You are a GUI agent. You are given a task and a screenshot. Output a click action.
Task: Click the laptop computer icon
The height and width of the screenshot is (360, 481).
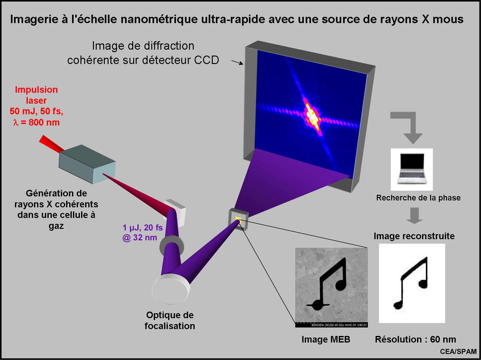pos(411,169)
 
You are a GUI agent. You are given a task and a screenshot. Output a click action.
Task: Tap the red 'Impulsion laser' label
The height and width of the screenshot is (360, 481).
pos(36,95)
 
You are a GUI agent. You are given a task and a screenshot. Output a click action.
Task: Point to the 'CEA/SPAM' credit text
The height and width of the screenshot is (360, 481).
pos(458,352)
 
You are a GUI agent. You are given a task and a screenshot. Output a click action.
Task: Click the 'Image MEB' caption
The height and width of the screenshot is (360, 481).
pos(326,339)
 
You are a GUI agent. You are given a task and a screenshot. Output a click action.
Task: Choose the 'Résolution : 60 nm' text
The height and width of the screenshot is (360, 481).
pos(415,339)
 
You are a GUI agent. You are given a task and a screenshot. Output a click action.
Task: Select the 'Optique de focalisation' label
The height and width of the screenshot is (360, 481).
pos(170,320)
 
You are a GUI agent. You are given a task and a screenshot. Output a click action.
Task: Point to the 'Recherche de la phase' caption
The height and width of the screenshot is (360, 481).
pos(418,198)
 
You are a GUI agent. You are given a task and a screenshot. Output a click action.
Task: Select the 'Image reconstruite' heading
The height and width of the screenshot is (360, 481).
pos(414,236)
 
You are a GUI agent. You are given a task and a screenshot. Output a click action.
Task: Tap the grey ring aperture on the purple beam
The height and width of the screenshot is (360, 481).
pos(171,245)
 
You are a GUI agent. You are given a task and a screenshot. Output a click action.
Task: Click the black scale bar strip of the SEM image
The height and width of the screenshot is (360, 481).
pos(331,325)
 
